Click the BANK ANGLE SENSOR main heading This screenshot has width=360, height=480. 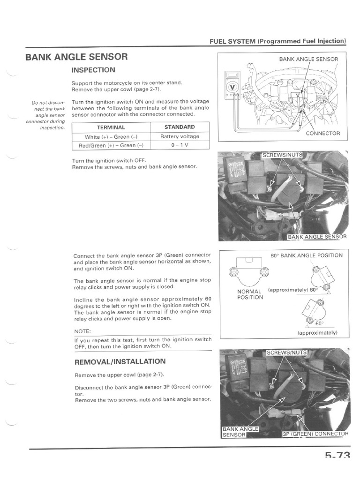tap(76, 57)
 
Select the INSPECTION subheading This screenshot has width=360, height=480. tap(93, 70)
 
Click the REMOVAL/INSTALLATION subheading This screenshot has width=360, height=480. tap(120, 361)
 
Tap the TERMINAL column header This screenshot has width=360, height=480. tap(111, 127)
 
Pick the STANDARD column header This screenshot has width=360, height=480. tap(180, 127)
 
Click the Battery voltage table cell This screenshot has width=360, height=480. tap(180, 136)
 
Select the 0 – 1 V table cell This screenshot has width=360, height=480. tap(180, 145)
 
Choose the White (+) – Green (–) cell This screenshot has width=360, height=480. tap(111, 137)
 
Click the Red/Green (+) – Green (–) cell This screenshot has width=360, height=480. tap(111, 145)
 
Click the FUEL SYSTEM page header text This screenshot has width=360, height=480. tap(277, 41)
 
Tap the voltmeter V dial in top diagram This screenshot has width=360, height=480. tap(232, 87)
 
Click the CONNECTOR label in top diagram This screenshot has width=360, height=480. tap(322, 133)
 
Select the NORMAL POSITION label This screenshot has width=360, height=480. tap(250, 294)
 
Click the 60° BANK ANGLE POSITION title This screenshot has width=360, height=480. tap(306, 255)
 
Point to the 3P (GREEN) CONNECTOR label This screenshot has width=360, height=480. tap(315, 434)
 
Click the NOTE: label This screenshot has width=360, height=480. tap(83, 331)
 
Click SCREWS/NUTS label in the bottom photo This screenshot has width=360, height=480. tap(286, 352)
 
